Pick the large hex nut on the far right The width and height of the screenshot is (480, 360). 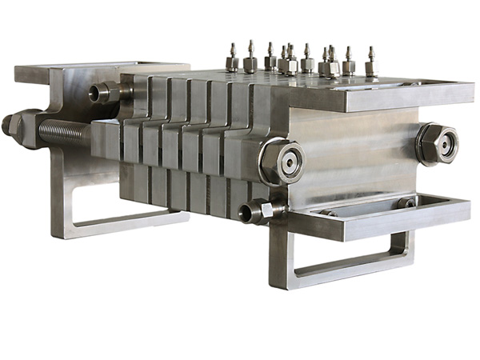coord(437,145)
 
